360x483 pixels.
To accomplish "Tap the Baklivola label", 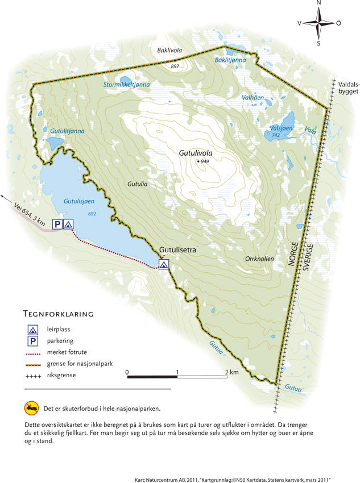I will pyautogui.click(x=169, y=51).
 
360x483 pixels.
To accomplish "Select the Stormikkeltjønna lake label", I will pyautogui.click(x=126, y=85).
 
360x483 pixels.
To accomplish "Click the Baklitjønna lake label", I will pyautogui.click(x=230, y=60).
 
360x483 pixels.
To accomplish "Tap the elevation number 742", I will pyautogui.click(x=275, y=136).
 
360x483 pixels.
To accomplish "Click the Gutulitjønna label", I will pyautogui.click(x=67, y=131).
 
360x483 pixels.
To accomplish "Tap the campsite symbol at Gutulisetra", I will pyautogui.click(x=164, y=264).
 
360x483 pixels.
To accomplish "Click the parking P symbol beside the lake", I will pyautogui.click(x=57, y=224).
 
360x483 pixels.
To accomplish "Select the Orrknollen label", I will pyautogui.click(x=259, y=259).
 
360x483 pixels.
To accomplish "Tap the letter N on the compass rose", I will pyautogui.click(x=318, y=3).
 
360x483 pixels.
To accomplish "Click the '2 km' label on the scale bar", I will pyautogui.click(x=231, y=372).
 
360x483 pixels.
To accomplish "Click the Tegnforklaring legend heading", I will pyautogui.click(x=58, y=314).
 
